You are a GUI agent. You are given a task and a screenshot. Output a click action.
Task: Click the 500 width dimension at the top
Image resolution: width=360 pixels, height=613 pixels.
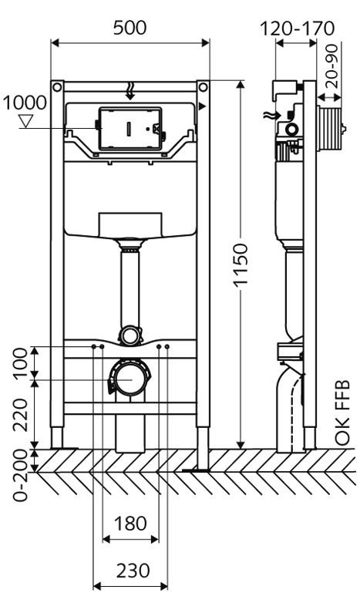pyautogui.click(x=130, y=28)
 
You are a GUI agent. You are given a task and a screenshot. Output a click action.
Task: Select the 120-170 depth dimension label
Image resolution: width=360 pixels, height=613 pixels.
pyautogui.click(x=297, y=29)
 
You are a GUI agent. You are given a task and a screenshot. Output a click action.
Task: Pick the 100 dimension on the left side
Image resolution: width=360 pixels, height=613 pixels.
pyautogui.click(x=19, y=363)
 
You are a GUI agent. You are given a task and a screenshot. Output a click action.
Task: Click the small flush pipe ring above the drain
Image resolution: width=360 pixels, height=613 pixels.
pyautogui.click(x=129, y=335)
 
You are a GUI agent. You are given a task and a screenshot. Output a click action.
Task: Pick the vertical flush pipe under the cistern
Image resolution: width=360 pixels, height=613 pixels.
pyautogui.click(x=129, y=289)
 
